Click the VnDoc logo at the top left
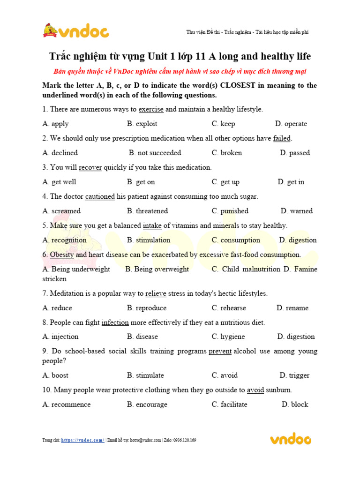click(x=75, y=31)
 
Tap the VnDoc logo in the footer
click(x=290, y=439)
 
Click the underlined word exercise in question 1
click(x=151, y=109)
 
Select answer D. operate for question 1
click(x=291, y=124)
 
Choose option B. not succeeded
click(x=155, y=153)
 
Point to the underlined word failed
click(x=282, y=138)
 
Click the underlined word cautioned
click(x=100, y=196)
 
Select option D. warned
click(x=296, y=211)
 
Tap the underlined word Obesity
click(x=62, y=255)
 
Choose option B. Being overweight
click(x=157, y=269)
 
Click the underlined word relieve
click(x=156, y=293)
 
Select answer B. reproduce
click(x=146, y=308)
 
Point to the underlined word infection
click(x=115, y=322)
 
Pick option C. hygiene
click(x=228, y=337)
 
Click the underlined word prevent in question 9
click(x=220, y=351)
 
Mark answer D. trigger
click(x=294, y=375)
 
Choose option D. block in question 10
click(x=295, y=405)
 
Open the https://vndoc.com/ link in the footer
click(x=82, y=440)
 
